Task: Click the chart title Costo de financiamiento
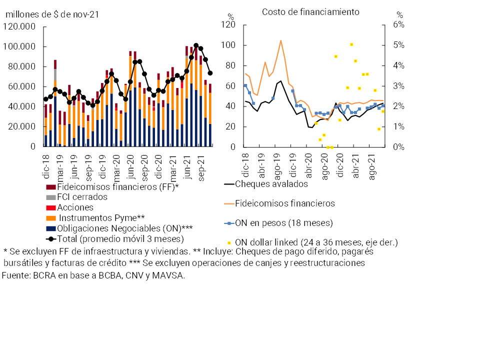click(x=310, y=11)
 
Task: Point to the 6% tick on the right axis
click(x=400, y=24)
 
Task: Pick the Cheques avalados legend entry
click(x=271, y=183)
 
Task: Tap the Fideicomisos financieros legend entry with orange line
click(x=284, y=203)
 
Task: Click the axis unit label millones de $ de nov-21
click(x=51, y=14)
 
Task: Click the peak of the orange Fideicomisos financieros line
click(x=280, y=40)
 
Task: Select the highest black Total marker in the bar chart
click(x=196, y=46)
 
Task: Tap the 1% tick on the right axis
click(x=400, y=126)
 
